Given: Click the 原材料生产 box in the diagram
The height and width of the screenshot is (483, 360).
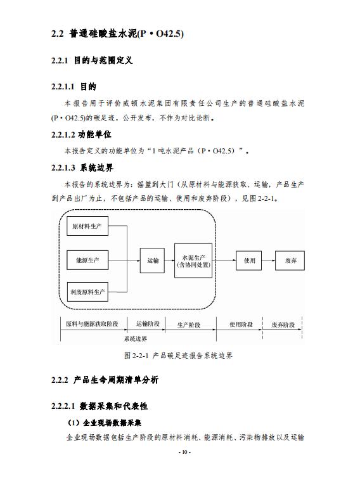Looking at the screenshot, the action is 87,226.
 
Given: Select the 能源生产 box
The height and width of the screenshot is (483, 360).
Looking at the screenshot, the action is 87,261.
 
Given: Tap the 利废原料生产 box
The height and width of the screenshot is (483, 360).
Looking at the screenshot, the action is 87,292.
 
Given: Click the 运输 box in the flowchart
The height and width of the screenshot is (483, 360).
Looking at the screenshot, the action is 152,261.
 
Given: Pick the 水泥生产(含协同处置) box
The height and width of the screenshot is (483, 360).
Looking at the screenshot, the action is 193,261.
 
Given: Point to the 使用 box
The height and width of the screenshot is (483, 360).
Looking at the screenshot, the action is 249,261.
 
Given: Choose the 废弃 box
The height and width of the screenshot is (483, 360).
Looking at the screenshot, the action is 290,261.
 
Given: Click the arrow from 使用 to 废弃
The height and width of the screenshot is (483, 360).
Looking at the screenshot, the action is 268,261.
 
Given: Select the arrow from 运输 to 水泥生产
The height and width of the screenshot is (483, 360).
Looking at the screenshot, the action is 169,261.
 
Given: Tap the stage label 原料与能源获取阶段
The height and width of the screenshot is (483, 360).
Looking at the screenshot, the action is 92,324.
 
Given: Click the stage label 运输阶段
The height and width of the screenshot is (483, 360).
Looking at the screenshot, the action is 148,324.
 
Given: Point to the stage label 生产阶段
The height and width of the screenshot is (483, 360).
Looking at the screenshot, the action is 189,325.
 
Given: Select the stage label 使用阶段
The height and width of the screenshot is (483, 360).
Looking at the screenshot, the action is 241,325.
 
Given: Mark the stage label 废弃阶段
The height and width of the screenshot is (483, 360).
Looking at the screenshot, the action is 283,325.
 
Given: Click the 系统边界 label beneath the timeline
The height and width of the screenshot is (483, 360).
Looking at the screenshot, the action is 136,339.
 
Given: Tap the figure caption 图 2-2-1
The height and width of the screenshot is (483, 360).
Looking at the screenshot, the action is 178,356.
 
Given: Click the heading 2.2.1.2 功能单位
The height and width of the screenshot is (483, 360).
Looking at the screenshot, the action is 81,134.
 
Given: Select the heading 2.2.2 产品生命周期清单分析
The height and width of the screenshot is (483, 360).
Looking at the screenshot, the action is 105,380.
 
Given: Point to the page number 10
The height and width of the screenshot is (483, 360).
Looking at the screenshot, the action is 184,452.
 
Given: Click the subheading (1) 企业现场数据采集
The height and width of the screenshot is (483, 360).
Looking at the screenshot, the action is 105,423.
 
